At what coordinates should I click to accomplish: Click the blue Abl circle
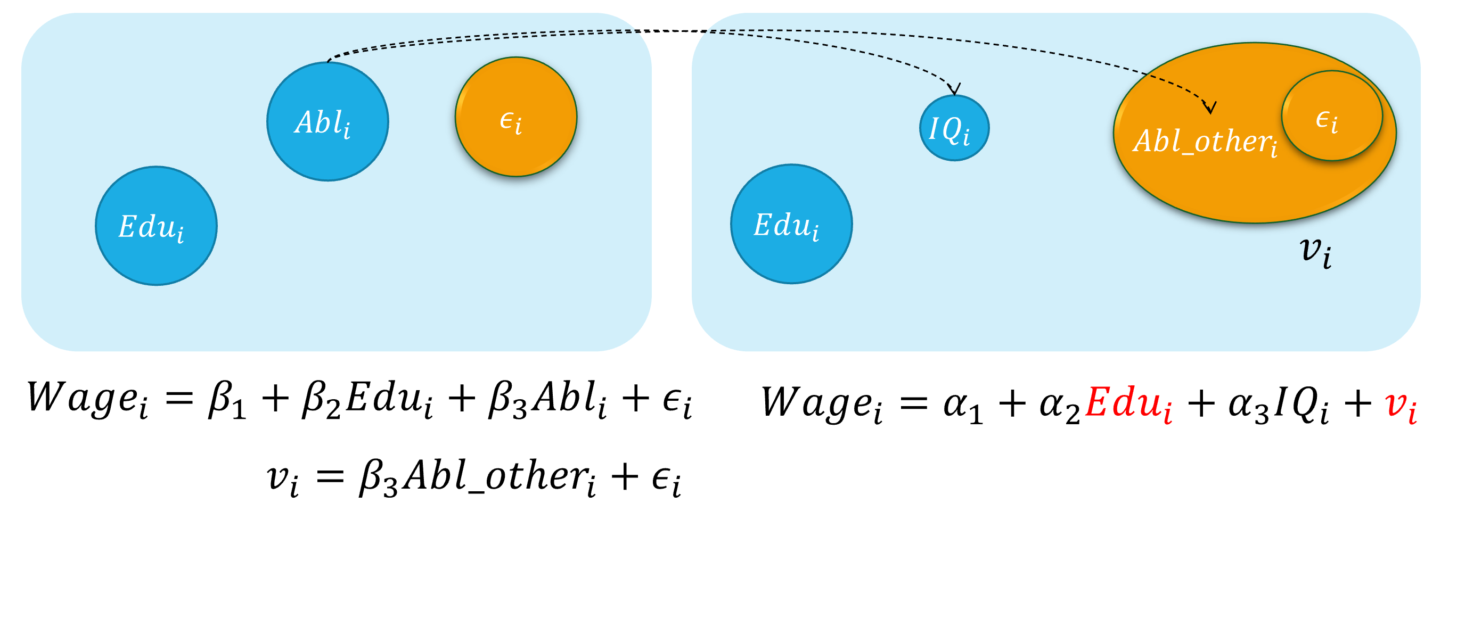328,121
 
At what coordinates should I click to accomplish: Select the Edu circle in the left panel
156,226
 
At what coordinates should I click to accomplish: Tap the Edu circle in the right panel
791,224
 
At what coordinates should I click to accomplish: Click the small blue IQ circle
954,128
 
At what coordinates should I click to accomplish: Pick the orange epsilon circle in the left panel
516,117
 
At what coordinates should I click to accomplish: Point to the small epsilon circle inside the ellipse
1332,116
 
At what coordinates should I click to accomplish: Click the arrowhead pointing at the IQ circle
954,90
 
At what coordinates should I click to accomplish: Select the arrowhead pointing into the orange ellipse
1209,108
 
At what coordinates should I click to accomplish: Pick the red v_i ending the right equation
1401,406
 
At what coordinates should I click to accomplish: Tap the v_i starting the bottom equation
282,479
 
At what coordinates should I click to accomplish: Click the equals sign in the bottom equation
330,476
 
